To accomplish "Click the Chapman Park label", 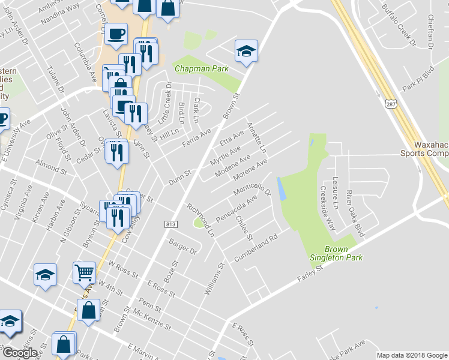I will (201, 69).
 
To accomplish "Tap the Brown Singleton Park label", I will (344, 253).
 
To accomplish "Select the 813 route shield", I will (170, 224).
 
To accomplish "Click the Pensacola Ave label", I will (237, 207).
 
